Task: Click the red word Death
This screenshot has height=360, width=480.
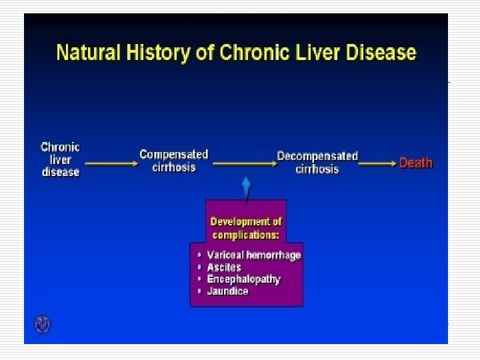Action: point(415,163)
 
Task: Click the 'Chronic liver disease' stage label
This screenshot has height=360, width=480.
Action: point(60,159)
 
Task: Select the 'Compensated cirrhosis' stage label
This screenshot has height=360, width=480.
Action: point(173,161)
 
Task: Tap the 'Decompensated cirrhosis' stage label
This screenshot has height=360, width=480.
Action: point(317,163)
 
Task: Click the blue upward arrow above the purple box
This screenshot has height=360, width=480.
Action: point(246,188)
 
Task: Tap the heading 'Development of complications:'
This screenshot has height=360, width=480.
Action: point(246,228)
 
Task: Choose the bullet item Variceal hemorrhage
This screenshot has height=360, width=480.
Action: point(254,255)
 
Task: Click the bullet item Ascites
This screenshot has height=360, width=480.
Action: point(224,267)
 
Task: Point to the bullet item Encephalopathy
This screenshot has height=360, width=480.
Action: point(243,279)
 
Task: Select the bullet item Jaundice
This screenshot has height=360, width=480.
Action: point(227,291)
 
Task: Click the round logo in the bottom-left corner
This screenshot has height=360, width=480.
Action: point(43,325)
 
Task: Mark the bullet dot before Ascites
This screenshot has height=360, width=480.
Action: point(199,267)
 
